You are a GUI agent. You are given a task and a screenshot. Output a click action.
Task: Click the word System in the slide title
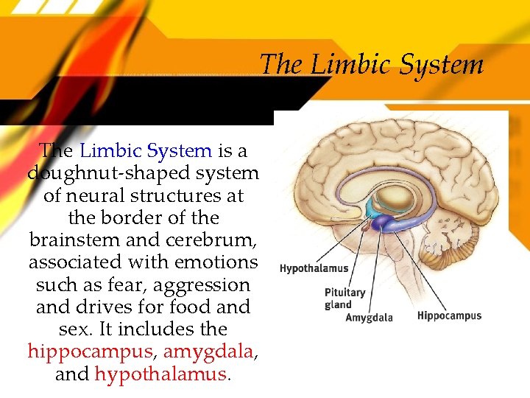(x=442, y=65)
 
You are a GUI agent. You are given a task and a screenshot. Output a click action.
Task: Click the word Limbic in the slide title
(x=349, y=65)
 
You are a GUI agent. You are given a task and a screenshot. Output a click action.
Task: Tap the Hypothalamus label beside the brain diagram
(x=314, y=268)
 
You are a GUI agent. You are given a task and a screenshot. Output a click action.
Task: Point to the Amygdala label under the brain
(x=369, y=318)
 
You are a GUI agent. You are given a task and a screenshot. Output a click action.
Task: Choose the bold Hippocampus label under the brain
(x=449, y=315)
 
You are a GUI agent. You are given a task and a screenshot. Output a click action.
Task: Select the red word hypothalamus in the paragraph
(x=161, y=374)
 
